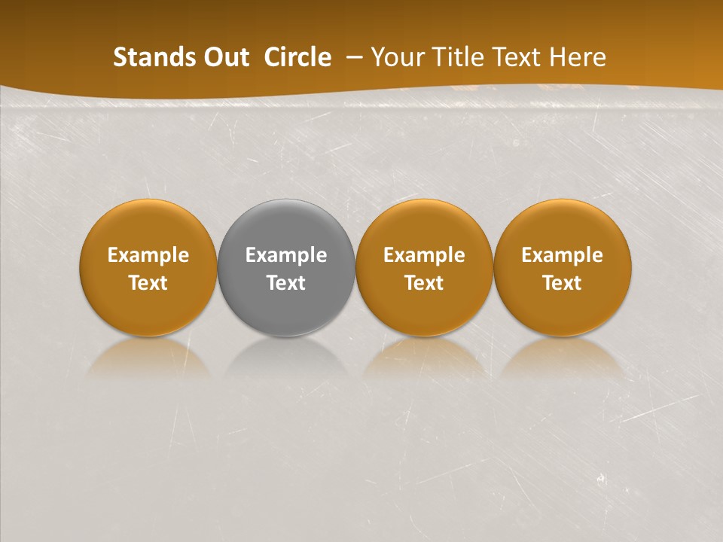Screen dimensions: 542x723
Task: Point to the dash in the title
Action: tap(351, 58)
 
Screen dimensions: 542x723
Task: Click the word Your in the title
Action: tap(394, 57)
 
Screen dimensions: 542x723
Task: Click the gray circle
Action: tap(286, 226)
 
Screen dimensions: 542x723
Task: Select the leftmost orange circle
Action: tap(148, 226)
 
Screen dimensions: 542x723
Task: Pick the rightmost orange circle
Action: tap(563, 226)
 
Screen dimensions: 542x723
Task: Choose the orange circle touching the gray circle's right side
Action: tap(424, 226)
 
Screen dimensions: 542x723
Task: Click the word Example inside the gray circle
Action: tap(286, 255)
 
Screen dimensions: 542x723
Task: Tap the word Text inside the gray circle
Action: tap(286, 283)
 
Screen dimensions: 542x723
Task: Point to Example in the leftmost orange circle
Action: tap(148, 255)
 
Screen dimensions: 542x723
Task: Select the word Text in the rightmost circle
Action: tap(563, 283)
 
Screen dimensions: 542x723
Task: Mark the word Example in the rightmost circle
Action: tap(563, 255)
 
